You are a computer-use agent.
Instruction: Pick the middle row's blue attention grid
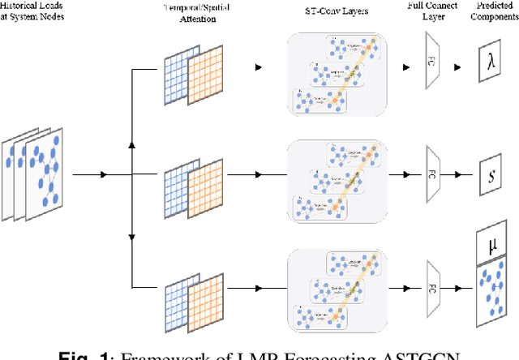[181, 183]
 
